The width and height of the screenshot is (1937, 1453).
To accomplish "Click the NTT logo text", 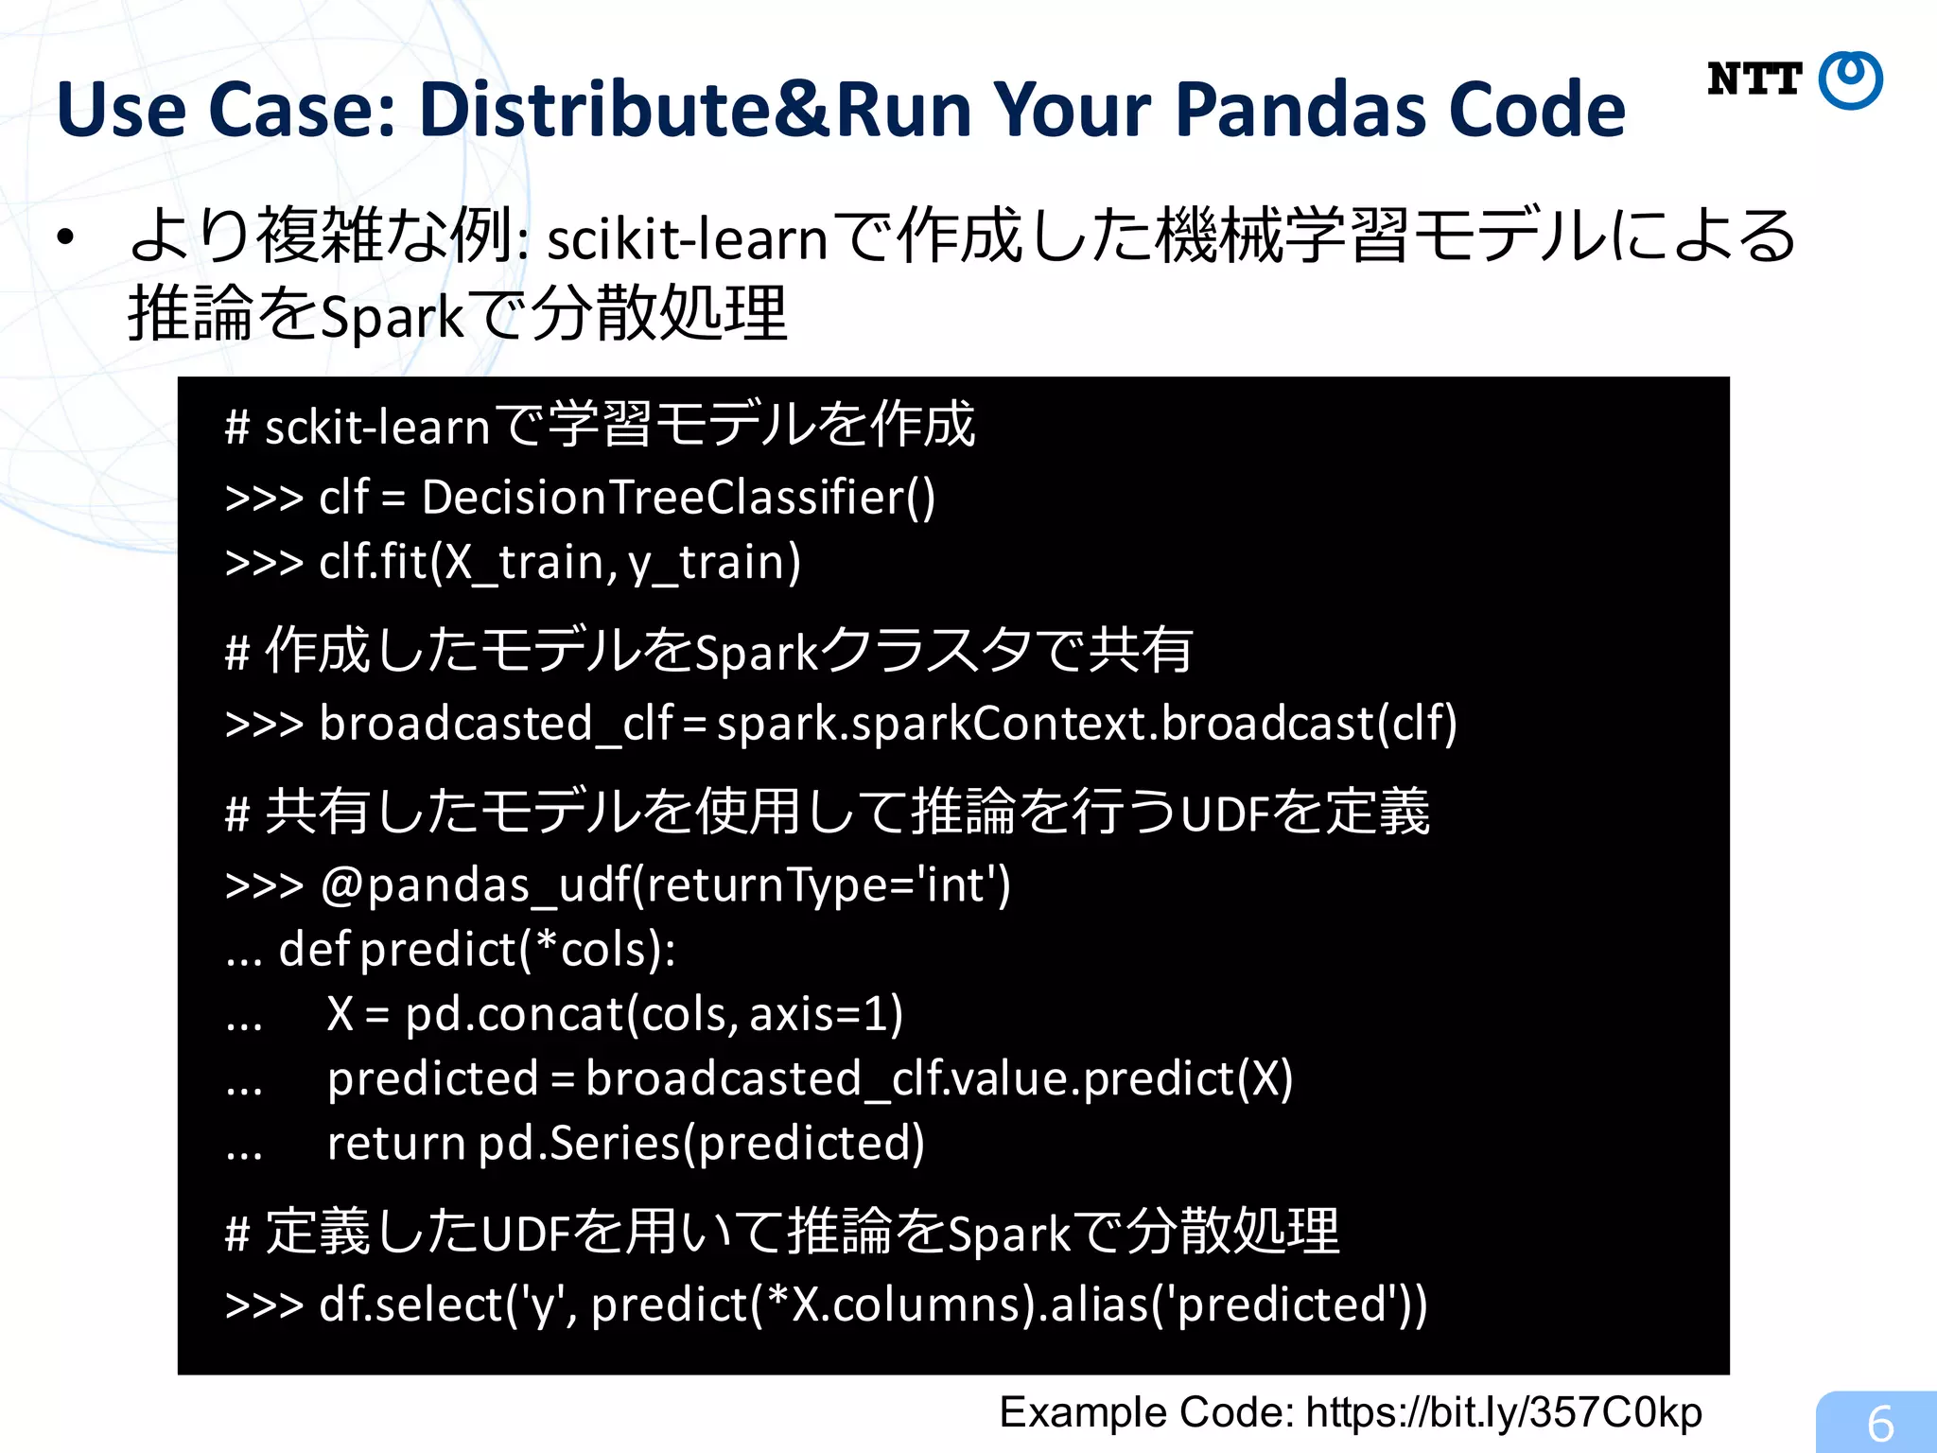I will (1754, 79).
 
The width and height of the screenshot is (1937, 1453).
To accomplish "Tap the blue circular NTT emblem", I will (1851, 81).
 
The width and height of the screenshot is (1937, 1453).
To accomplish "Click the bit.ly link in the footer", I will (1504, 1412).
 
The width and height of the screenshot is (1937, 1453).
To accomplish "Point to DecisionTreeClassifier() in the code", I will (678, 498).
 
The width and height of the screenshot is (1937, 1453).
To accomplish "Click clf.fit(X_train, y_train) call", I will (560, 562).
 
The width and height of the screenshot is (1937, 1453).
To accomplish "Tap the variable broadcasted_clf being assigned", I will (496, 724).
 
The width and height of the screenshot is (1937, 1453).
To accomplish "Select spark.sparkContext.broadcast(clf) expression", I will (1087, 724).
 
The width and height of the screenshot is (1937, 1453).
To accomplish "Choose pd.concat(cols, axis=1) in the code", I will (654, 1014).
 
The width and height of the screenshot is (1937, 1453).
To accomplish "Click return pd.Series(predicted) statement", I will (625, 1143).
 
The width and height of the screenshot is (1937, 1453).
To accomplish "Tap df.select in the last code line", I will (410, 1304).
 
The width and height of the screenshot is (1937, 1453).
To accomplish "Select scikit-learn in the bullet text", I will (688, 238).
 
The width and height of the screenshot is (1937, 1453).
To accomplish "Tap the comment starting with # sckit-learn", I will (600, 426).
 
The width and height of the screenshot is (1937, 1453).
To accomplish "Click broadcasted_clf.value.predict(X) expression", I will (938, 1078).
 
